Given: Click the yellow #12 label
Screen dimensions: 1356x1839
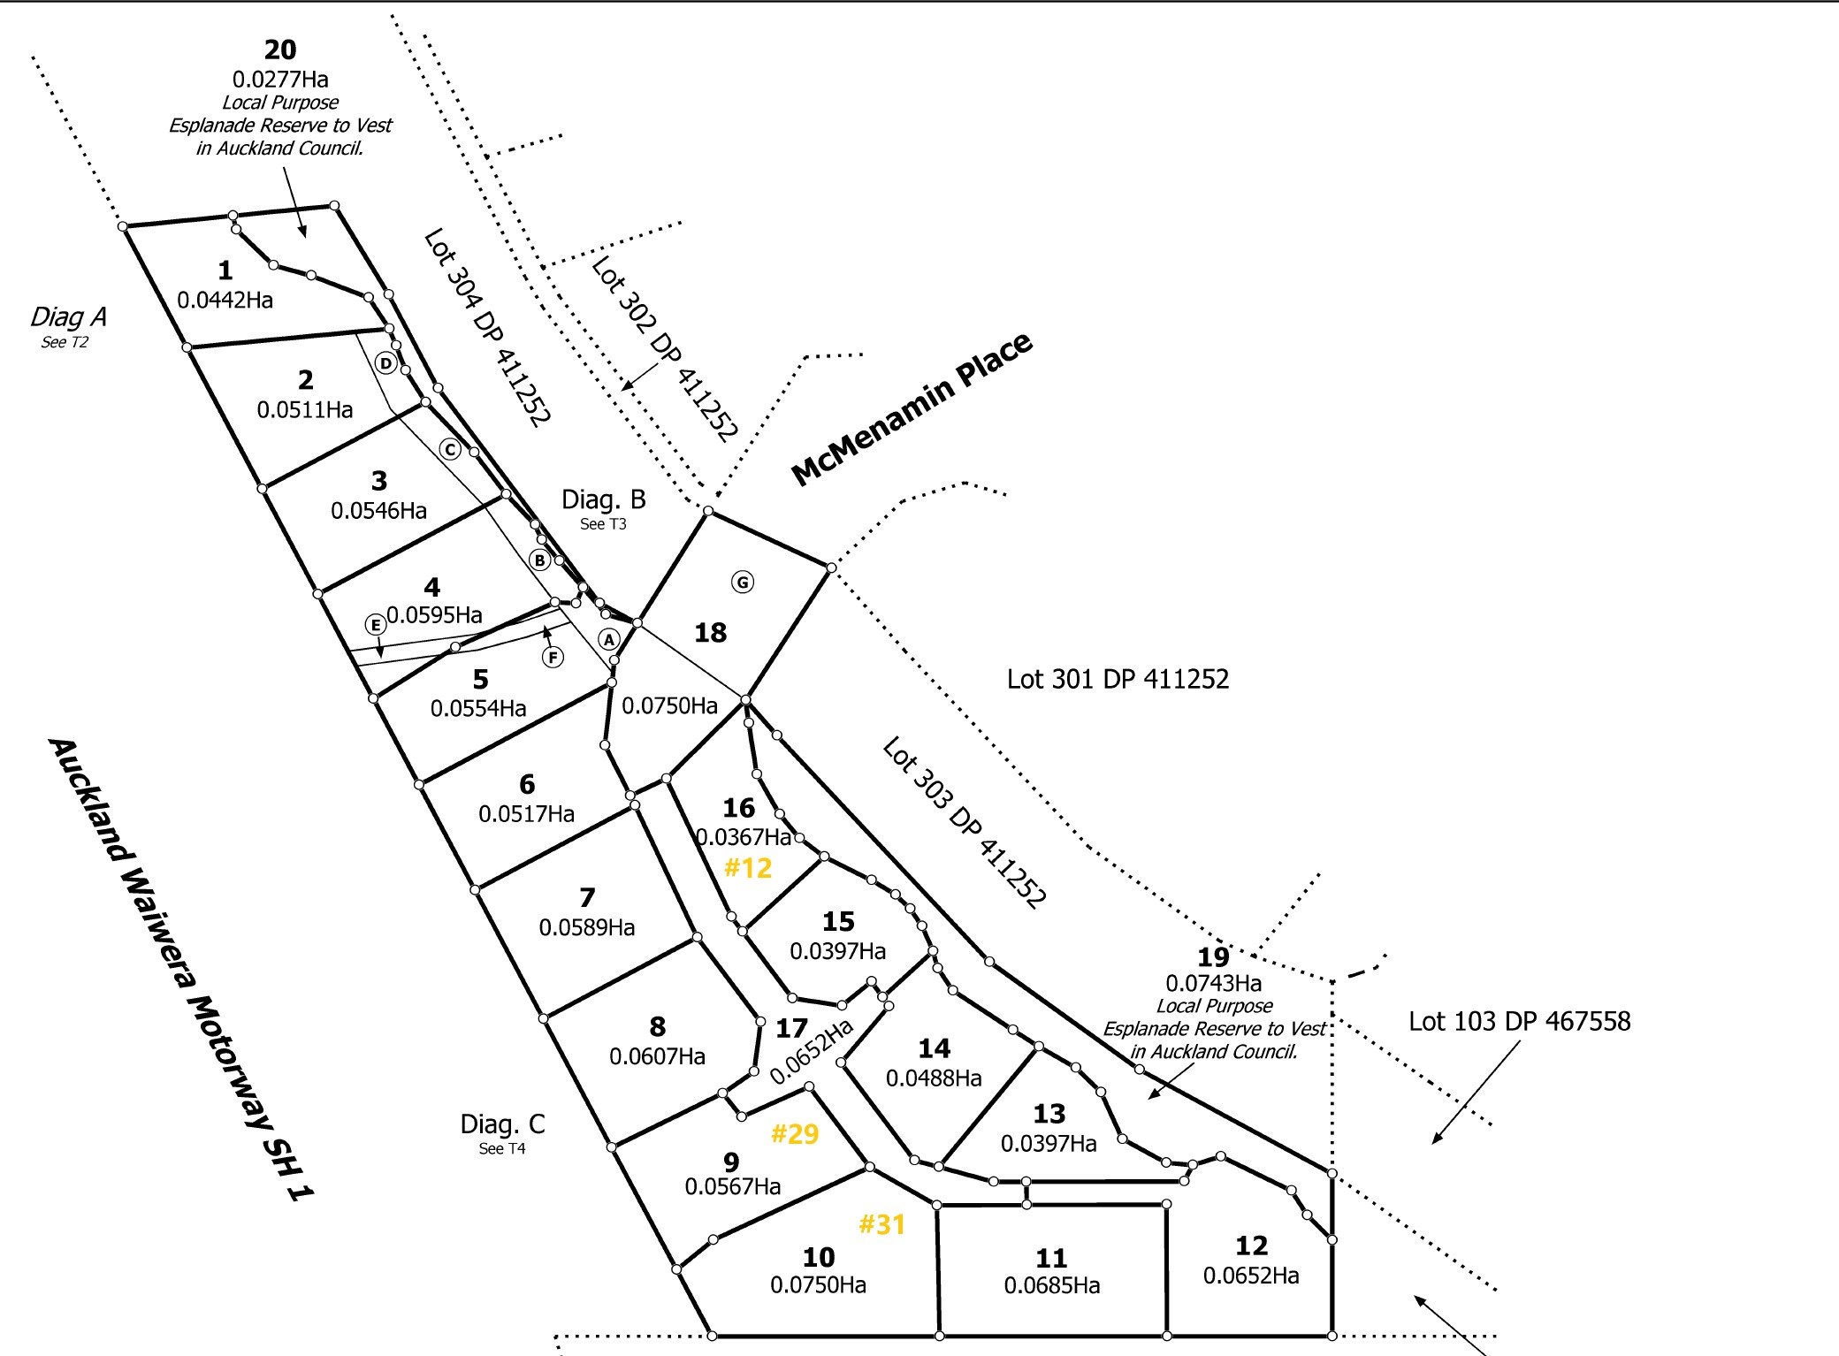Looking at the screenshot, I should point(748,868).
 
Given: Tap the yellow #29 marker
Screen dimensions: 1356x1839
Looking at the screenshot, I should point(795,1134).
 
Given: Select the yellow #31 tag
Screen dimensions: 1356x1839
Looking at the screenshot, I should point(882,1224).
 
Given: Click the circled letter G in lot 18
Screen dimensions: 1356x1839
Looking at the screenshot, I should point(743,582).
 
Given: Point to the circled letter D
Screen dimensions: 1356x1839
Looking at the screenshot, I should point(385,362).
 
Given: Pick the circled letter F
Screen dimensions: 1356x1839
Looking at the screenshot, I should point(553,657).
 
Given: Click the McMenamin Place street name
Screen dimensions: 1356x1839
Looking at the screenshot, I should point(912,409).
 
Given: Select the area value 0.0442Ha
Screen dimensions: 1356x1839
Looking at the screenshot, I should point(225,301).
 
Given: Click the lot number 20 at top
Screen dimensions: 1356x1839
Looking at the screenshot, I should point(280,50).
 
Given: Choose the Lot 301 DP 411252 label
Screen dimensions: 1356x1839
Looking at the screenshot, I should point(1118,679).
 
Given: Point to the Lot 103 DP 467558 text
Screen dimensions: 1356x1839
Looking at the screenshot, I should point(1519,1022).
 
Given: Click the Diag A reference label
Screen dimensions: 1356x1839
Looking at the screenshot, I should point(68,317).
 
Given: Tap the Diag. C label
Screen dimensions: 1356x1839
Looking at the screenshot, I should point(502,1124).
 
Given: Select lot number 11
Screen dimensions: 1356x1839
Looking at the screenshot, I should point(1051,1257).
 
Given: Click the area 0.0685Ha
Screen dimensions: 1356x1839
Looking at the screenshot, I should point(1052,1285).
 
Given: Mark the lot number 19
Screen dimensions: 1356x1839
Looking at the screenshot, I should point(1213,956).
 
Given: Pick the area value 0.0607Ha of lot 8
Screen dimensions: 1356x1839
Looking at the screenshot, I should point(657,1056).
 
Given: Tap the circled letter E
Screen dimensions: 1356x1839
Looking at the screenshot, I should point(376,625).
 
